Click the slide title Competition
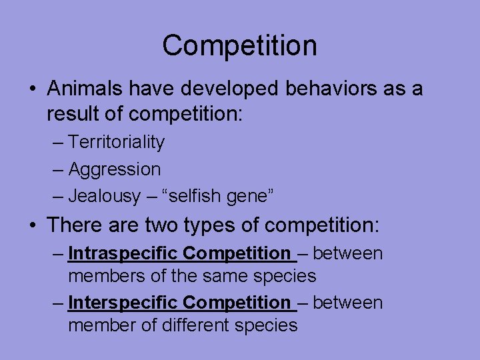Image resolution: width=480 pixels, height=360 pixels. [239, 46]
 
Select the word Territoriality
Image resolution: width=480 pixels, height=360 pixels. [117, 142]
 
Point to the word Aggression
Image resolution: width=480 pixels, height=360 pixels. [115, 169]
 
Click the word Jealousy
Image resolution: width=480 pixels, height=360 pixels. [105, 196]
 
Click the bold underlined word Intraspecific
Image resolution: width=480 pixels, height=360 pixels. [123, 253]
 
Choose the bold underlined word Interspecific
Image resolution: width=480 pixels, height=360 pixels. [123, 303]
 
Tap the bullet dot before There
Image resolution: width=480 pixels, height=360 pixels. [33, 225]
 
